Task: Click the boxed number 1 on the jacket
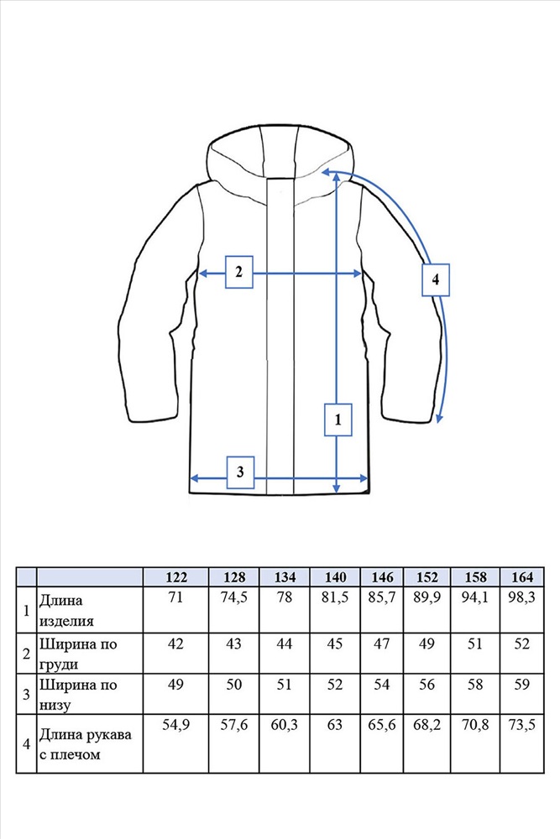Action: coord(338,419)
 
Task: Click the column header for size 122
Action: coord(175,577)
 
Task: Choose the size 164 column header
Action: coord(521,577)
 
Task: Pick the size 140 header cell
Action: coord(335,577)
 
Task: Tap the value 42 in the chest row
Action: coord(175,644)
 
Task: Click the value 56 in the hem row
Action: coord(428,685)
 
